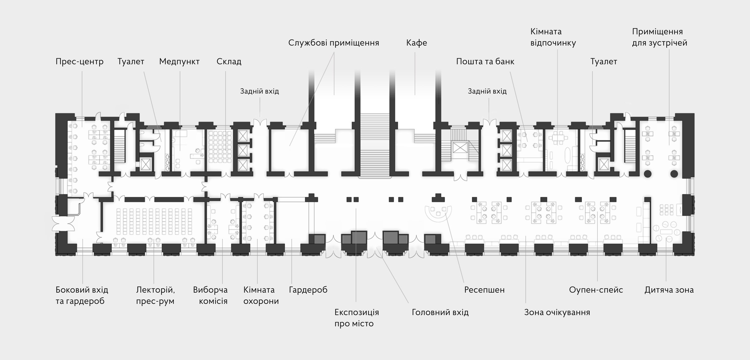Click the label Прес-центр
[x=79, y=61]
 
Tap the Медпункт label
[x=179, y=61]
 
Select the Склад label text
[x=229, y=61]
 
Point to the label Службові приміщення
[x=334, y=43]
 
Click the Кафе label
[x=416, y=43]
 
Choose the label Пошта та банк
[x=485, y=61]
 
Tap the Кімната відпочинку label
[x=553, y=37]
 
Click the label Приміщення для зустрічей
[x=659, y=37]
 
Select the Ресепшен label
[x=484, y=290]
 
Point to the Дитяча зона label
[x=669, y=290]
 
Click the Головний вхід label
[x=440, y=312]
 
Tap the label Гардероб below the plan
[x=308, y=290]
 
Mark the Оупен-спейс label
[x=596, y=290]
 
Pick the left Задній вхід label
[x=259, y=91]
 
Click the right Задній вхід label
[x=487, y=91]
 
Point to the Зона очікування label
[x=557, y=312]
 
